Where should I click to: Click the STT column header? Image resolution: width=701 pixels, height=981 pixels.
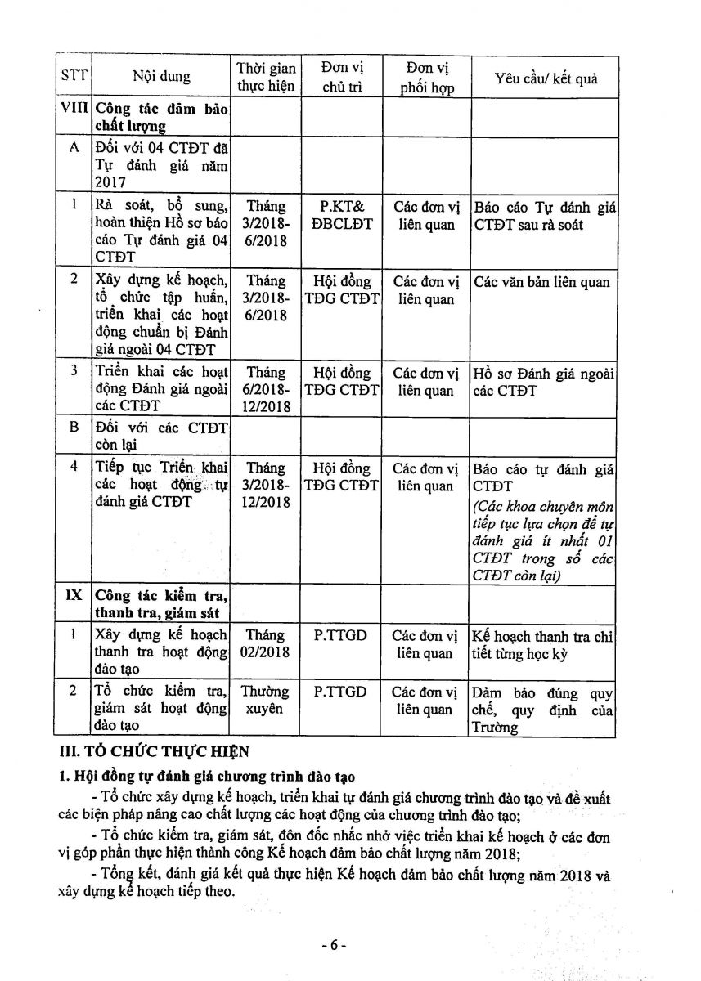coord(74,78)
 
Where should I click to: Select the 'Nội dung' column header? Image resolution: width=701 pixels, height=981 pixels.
coord(161,78)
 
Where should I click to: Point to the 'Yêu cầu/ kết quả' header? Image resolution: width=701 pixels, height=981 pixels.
coord(546,78)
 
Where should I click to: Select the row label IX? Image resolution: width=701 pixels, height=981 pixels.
coord(74,594)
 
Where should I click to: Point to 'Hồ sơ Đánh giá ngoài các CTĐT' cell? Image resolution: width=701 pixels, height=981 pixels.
coord(544,382)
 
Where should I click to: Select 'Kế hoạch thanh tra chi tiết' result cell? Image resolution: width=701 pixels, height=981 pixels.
coord(544,644)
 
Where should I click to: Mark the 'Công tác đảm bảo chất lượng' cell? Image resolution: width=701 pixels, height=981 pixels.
coord(161,117)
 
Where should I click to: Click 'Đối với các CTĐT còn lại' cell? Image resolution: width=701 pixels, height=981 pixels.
coord(161,435)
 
